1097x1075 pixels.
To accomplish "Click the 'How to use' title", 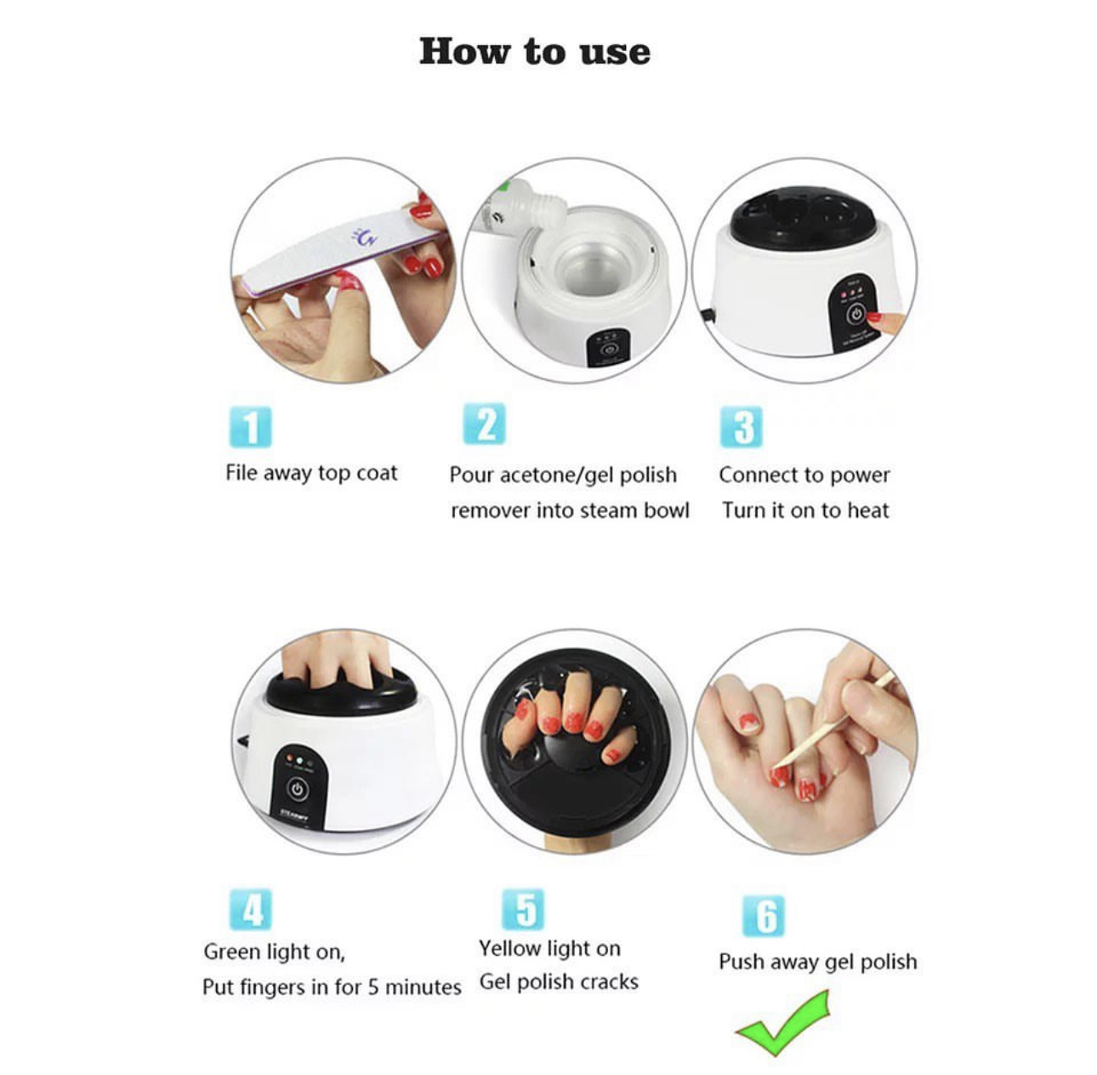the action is click(x=535, y=52).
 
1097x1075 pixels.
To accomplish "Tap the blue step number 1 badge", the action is click(x=251, y=427).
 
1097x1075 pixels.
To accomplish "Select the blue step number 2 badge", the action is click(x=485, y=424).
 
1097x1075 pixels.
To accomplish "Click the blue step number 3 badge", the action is click(x=742, y=427).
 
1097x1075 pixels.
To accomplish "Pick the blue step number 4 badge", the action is click(x=251, y=909).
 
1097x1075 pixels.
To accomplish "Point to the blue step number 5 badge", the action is click(x=523, y=909).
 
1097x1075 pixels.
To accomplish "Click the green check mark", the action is click(x=782, y=1023).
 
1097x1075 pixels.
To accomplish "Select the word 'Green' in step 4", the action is click(x=232, y=952).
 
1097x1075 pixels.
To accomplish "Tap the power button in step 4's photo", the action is click(x=298, y=790).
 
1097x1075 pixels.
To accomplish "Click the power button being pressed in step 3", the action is click(x=855, y=314).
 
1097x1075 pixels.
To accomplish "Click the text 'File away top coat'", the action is click(x=311, y=474).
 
